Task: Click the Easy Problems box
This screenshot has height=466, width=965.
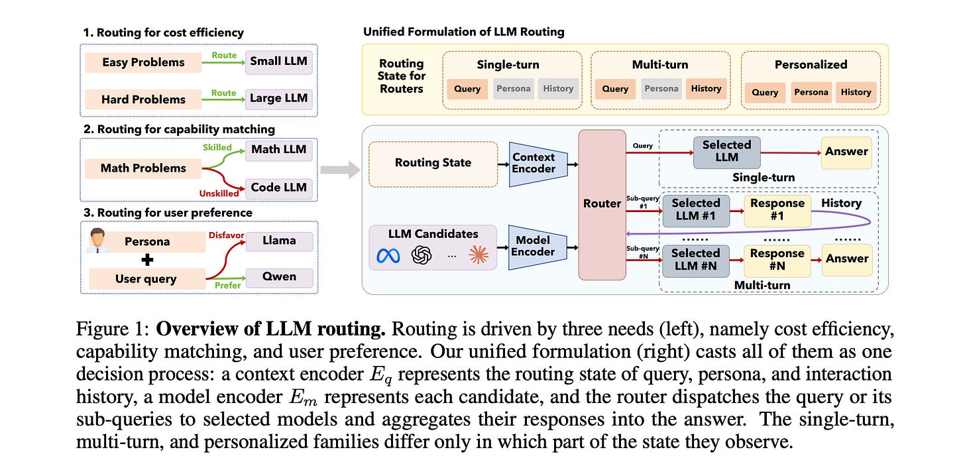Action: tap(143, 62)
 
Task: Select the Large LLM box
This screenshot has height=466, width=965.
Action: tap(279, 99)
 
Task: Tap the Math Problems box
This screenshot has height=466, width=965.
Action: tap(143, 168)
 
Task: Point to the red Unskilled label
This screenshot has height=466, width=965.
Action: tap(219, 194)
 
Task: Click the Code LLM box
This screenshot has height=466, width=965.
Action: tap(279, 188)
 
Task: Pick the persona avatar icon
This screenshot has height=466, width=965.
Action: tap(98, 241)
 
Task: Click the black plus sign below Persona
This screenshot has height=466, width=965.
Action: tap(147, 260)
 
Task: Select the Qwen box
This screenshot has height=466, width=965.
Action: tap(279, 277)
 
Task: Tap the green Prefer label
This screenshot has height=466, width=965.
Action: tap(227, 285)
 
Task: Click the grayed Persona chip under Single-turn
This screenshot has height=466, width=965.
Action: tap(514, 89)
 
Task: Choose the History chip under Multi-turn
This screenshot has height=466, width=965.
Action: tap(706, 89)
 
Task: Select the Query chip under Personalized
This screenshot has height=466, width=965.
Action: tap(765, 92)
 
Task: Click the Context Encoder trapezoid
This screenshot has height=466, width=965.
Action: tap(538, 164)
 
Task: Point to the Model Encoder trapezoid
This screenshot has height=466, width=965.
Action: tap(538, 247)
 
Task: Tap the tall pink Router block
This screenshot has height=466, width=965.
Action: tap(602, 205)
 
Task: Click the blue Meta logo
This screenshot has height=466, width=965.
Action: tap(388, 256)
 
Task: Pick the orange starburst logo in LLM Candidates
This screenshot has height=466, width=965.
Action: tap(479, 255)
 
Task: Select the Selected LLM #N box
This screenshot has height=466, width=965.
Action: tap(696, 261)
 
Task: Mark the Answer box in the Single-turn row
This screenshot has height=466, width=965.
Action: tap(846, 152)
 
